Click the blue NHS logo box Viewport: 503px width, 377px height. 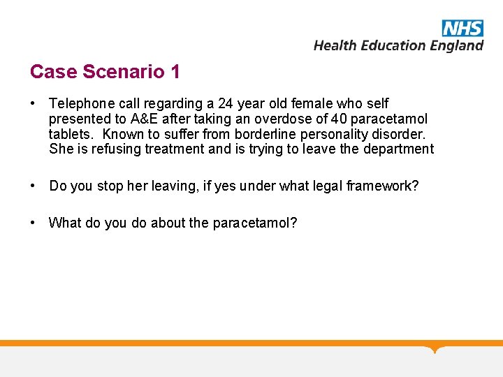pos(462,28)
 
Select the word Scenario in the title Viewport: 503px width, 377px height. pos(124,71)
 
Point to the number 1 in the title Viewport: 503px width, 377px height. pos(175,71)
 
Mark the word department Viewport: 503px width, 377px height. pos(402,149)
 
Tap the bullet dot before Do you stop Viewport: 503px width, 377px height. pos(34,186)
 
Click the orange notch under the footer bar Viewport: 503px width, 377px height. pos(436,349)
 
